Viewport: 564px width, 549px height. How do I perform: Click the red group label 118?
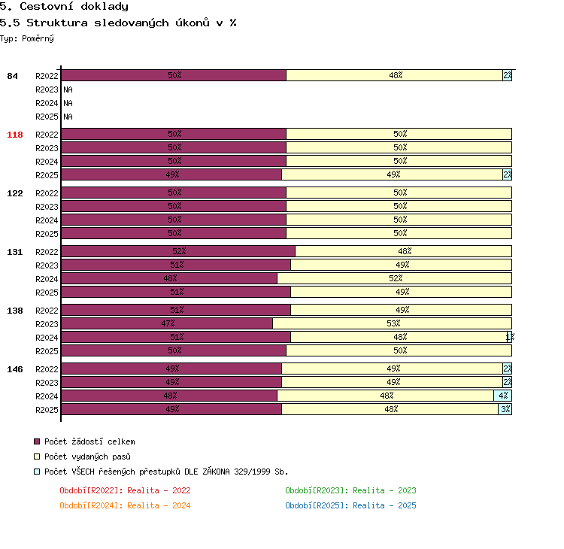click(15, 135)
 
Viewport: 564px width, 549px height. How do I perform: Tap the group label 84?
click(12, 76)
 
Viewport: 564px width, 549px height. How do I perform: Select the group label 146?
click(15, 369)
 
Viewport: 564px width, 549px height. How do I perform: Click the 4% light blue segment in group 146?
click(503, 396)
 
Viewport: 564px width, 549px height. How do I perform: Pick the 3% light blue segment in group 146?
click(505, 409)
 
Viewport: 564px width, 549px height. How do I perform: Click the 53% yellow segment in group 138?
click(392, 323)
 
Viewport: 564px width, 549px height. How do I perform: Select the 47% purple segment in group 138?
click(167, 323)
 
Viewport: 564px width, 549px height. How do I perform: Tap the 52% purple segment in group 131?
click(178, 251)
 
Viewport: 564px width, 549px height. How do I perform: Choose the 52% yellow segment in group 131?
click(395, 278)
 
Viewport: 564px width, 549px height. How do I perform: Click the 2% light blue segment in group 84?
click(507, 75)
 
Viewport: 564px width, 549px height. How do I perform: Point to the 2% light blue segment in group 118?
click(507, 174)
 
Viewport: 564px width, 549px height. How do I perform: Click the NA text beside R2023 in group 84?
click(68, 89)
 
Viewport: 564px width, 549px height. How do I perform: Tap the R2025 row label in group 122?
click(47, 234)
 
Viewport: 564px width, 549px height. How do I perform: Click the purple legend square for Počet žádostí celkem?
click(37, 441)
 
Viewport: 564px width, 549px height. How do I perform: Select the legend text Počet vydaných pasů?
click(87, 456)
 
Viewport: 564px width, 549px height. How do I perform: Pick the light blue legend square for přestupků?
click(37, 472)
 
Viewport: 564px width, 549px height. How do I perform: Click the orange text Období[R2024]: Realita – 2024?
click(125, 505)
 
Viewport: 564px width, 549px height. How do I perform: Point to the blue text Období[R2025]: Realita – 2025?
click(350, 505)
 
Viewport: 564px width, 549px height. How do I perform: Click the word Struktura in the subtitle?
click(57, 23)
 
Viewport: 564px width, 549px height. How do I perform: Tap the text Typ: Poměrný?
click(27, 38)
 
